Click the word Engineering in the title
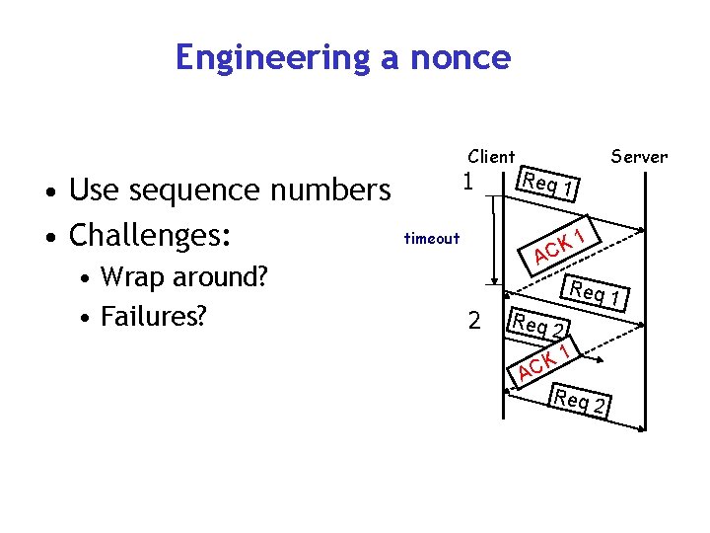coord(272,58)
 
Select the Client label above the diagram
coord(491,156)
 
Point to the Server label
coord(639,156)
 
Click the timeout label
coord(432,238)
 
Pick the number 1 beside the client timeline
coord(469,182)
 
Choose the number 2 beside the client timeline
coord(474,321)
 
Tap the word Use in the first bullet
coord(92,190)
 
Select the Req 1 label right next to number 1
coord(549,185)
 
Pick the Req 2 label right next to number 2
coord(538,324)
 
